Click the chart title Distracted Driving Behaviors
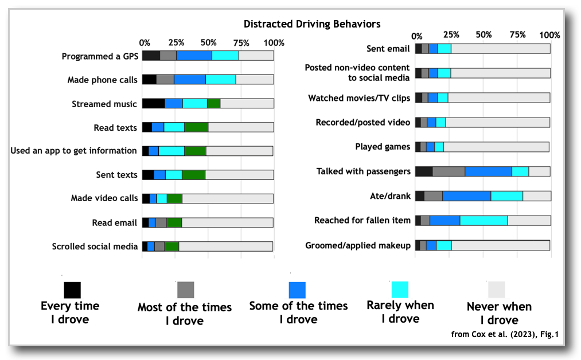pos(312,24)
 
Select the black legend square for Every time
pos(72,289)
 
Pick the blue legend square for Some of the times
pos(297,289)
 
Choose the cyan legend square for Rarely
pos(400,289)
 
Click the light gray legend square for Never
pos(496,289)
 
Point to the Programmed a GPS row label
pos(99,56)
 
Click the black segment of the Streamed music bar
pos(153,104)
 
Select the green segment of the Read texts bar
pos(196,127)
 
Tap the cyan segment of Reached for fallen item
pos(483,220)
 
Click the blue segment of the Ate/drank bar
pos(466,196)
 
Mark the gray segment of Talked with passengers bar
pos(449,171)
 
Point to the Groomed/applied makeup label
pos(358,245)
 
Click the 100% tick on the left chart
pos(274,43)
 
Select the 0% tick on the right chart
pos(417,35)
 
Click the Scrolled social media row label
pos(95,246)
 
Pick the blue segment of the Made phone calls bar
pos(190,80)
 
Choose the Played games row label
pos(383,147)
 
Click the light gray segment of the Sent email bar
pos(500,49)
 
